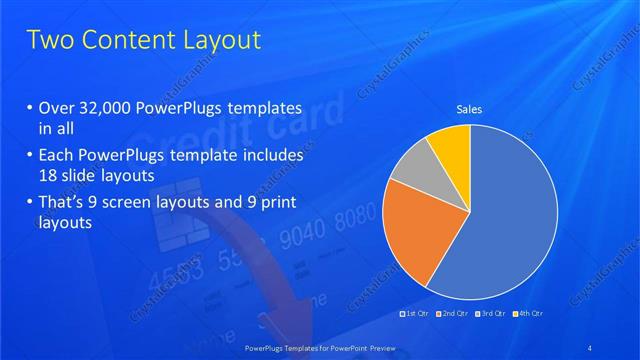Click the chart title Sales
pos(470,109)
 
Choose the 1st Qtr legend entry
pos(414,314)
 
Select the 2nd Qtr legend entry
pos(455,314)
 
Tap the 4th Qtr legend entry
pos(530,314)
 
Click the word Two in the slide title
pos(51,40)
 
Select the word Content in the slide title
pos(123,40)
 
